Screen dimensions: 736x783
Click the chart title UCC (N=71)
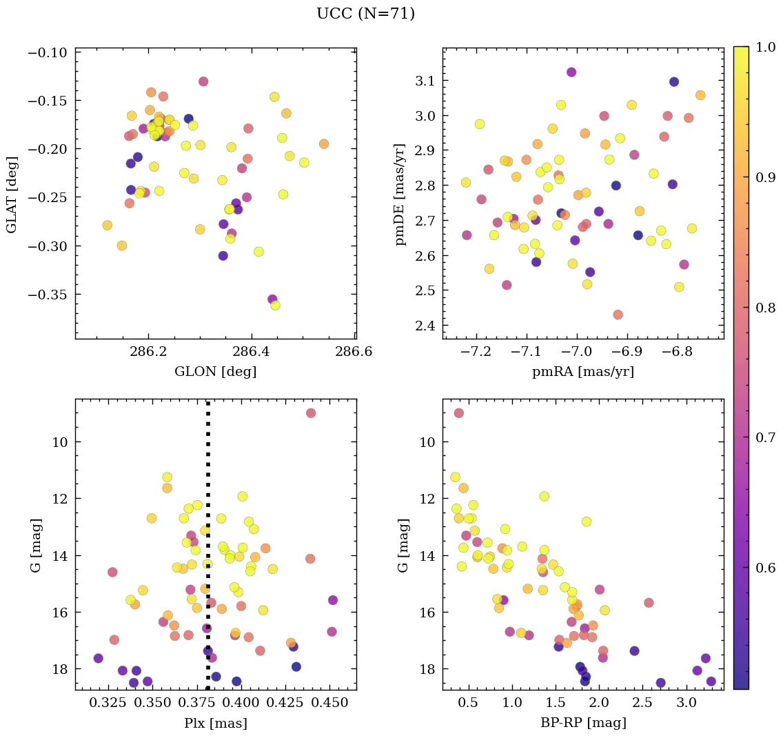[x=365, y=14]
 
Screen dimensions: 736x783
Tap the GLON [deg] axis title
[x=215, y=372]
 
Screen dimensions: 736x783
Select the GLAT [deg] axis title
[x=12, y=195]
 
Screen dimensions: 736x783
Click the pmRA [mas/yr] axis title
[x=582, y=372]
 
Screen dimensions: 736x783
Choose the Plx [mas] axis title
[x=215, y=723]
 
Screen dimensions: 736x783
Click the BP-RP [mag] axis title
[x=582, y=723]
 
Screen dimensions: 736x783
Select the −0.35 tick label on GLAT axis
[x=48, y=295]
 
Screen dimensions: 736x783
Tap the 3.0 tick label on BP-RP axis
[x=686, y=704]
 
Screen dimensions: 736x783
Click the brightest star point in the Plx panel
[x=311, y=412]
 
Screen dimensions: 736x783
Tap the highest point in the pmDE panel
[x=571, y=72]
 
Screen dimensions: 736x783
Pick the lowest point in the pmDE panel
[x=618, y=315]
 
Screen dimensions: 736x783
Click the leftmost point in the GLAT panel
[x=107, y=225]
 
